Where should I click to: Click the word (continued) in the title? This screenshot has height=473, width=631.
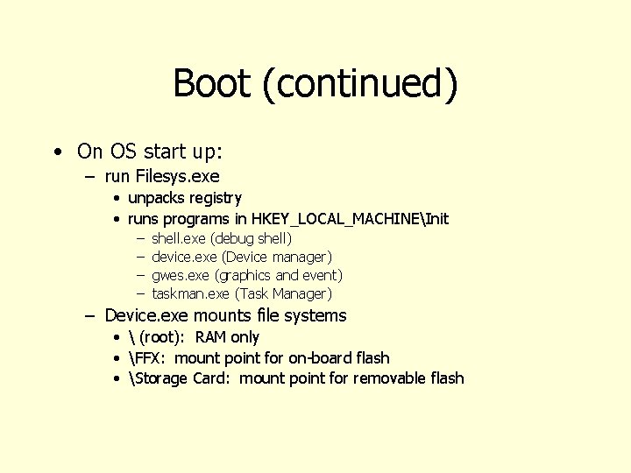pyautogui.click(x=359, y=84)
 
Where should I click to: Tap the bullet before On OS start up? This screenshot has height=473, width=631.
pyautogui.click(x=56, y=152)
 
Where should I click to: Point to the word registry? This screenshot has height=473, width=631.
pyautogui.click(x=215, y=198)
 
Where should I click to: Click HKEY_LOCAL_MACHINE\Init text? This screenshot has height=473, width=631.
pyautogui.click(x=350, y=218)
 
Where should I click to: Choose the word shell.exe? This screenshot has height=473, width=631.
pyautogui.click(x=179, y=238)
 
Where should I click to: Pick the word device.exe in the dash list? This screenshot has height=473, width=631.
pyautogui.click(x=184, y=257)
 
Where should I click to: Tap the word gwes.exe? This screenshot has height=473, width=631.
pyautogui.click(x=181, y=275)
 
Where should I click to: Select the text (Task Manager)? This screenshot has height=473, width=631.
pyautogui.click(x=283, y=293)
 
